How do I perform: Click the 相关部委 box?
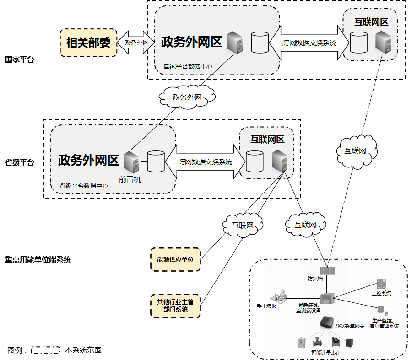tap(88, 43)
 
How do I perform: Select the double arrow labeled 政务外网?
tap(136, 43)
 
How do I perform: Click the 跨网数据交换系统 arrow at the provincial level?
tap(205, 162)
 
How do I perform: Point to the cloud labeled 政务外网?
tap(187, 97)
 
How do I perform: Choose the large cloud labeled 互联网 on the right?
tap(355, 150)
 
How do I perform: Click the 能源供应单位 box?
tap(175, 259)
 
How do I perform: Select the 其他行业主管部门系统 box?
tap(175, 306)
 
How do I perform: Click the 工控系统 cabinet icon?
tap(381, 284)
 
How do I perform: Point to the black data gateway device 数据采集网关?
tap(327, 322)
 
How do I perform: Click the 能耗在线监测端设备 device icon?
tap(327, 298)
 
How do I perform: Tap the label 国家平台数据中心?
tap(188, 66)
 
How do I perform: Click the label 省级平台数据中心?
tap(84, 186)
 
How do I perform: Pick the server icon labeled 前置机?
tap(130, 162)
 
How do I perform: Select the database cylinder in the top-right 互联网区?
tap(358, 43)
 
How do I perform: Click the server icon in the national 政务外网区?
tap(234, 43)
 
